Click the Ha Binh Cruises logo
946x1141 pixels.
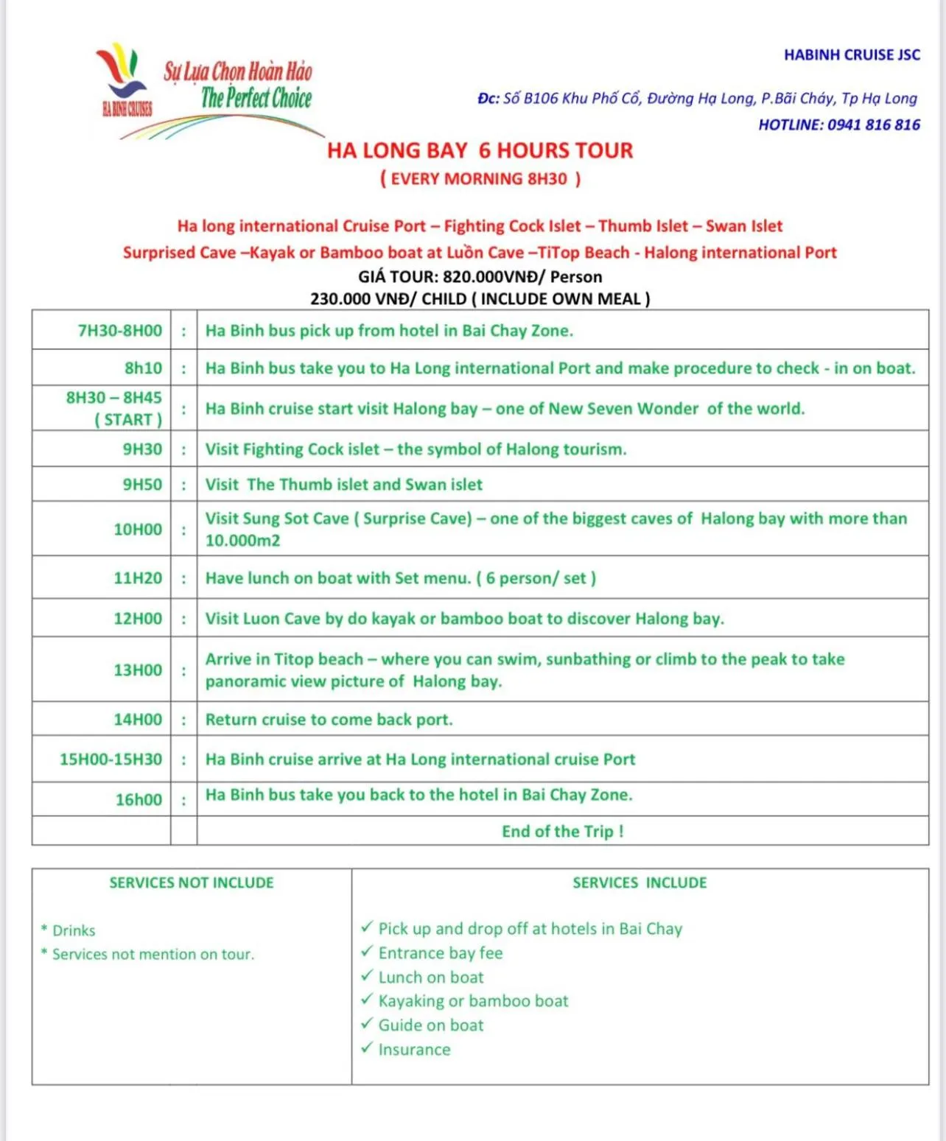[125, 81]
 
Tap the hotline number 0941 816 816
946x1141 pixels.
[873, 124]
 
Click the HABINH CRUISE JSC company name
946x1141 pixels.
[852, 55]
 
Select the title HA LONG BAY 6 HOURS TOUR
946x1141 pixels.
[480, 151]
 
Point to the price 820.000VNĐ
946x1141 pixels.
[495, 277]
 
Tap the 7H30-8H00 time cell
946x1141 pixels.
[119, 331]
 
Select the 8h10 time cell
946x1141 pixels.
[143, 368]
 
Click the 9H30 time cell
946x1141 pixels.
[142, 449]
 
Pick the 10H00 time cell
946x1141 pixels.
[138, 530]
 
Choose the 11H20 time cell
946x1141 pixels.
[138, 578]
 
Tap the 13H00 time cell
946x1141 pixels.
[138, 670]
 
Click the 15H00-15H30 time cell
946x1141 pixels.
[111, 759]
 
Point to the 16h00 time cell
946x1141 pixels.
[139, 800]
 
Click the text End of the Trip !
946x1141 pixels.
[563, 832]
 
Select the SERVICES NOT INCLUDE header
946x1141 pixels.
[192, 883]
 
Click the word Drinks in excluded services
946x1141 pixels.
[74, 931]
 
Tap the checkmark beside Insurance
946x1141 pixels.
[367, 1048]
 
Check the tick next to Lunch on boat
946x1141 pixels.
[367, 976]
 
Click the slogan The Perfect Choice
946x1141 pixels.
[256, 98]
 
